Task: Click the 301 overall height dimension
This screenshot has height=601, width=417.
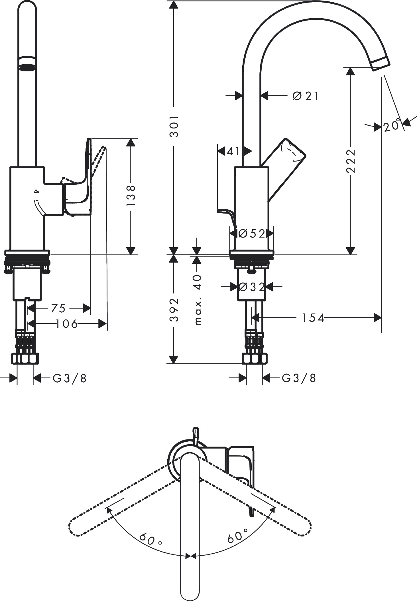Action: [174, 126]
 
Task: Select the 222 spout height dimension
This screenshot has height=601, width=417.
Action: [350, 161]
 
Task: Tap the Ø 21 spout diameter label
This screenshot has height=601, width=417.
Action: [305, 96]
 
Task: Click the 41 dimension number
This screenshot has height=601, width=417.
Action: [233, 151]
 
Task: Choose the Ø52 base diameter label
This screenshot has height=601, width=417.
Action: [252, 234]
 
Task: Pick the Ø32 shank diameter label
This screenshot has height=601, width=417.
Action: [252, 287]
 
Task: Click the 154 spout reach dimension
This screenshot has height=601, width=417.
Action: [313, 318]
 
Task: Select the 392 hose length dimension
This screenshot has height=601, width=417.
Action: [174, 309]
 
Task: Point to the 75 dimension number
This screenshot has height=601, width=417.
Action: [58, 308]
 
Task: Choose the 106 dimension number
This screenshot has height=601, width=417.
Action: [67, 324]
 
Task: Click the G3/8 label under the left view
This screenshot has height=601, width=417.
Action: [70, 379]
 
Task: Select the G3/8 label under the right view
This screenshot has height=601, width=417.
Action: [299, 378]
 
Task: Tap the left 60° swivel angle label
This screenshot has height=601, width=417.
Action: [150, 539]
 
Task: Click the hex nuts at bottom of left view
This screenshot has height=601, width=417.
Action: [25, 359]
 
